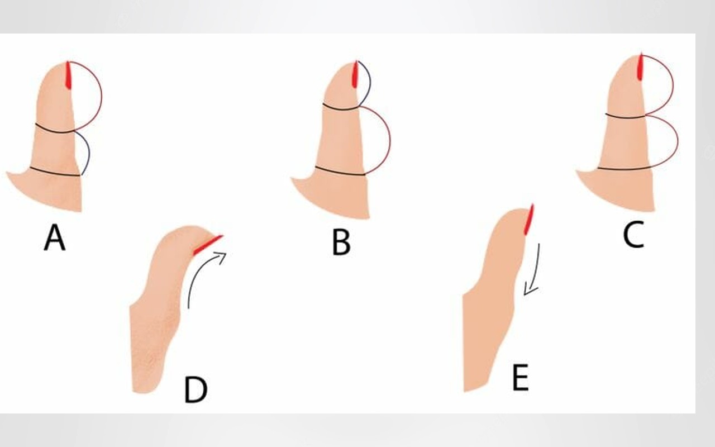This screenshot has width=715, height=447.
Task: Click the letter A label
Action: click(x=55, y=237)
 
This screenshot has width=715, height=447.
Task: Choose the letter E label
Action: click(x=520, y=378)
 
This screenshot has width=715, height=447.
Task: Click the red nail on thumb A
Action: click(x=68, y=75)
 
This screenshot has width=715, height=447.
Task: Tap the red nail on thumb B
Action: click(x=355, y=74)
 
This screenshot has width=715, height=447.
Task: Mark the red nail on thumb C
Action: click(x=640, y=66)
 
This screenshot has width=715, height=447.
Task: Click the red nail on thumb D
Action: click(x=207, y=245)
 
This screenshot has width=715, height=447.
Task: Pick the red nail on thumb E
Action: click(x=529, y=220)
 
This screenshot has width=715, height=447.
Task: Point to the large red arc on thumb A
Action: click(x=102, y=96)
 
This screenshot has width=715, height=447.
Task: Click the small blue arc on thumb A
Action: click(x=89, y=153)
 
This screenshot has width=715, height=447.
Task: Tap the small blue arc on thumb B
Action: click(x=370, y=84)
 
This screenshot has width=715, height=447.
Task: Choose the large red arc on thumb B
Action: click(x=390, y=140)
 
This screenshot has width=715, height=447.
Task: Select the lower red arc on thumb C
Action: click(x=678, y=142)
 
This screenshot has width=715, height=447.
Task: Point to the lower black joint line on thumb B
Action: click(x=340, y=172)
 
